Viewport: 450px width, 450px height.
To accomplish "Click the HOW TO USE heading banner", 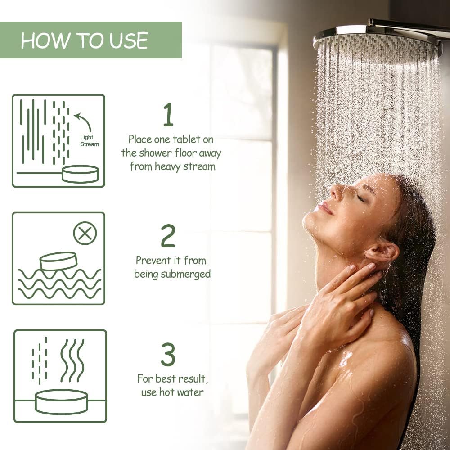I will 90,40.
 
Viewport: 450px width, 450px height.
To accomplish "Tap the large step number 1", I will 168,115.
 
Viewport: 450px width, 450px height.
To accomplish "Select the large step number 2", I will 168,235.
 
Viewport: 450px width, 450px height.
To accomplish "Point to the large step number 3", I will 168,355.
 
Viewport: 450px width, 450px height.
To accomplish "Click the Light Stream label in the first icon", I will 90,141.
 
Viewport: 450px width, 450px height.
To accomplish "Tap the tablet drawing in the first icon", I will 80,174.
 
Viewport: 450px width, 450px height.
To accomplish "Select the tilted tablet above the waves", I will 58,261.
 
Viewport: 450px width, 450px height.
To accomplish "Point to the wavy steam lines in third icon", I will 72,360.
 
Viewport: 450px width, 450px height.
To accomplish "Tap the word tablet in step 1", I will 197,139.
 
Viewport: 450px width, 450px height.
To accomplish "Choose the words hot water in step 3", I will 181,392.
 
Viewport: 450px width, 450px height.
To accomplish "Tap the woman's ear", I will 382,252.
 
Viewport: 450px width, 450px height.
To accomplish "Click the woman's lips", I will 324,208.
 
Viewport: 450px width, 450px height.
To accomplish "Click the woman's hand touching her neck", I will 351,292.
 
